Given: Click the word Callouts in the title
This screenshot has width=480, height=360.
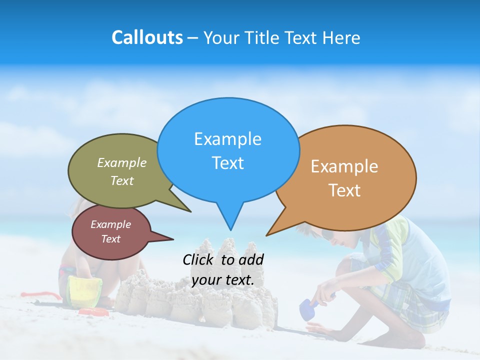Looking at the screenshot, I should coord(147,37).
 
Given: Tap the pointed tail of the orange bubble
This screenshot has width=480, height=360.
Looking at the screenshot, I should coord(267,234).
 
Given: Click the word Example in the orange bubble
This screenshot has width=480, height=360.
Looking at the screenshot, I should coord(344,166).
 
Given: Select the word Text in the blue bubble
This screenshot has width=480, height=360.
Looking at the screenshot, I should coord(228,163).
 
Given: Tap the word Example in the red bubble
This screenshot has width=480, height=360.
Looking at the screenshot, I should coord(110,224).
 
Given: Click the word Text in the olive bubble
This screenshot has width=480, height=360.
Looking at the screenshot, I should coord(122,180).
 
